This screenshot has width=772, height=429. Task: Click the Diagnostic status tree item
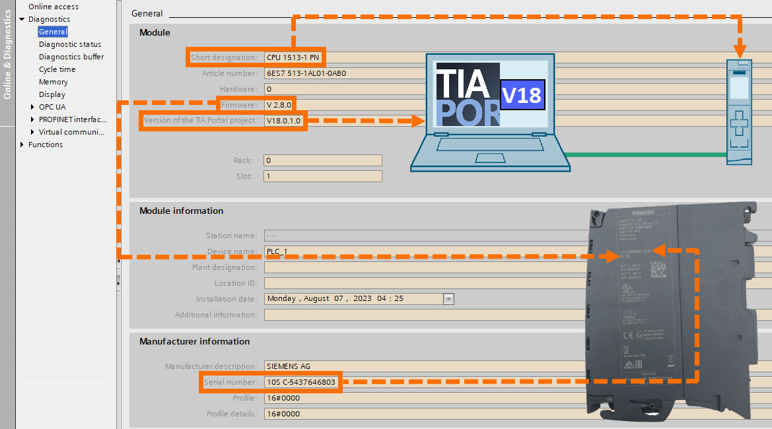(x=70, y=44)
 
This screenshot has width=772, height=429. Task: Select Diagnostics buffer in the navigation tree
(x=71, y=57)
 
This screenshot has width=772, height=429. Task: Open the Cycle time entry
(x=57, y=69)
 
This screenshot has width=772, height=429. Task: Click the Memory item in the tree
(x=53, y=82)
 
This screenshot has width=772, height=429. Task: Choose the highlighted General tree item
(x=52, y=32)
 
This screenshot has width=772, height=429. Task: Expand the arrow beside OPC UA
(x=33, y=107)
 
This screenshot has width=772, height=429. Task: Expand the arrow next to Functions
(x=22, y=145)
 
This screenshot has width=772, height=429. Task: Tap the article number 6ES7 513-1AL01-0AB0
(x=306, y=73)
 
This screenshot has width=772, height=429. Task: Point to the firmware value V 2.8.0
(x=279, y=105)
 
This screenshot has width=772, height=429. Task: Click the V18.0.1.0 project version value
(x=284, y=121)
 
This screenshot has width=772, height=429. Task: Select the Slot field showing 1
(x=322, y=176)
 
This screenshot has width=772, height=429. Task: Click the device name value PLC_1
(x=277, y=251)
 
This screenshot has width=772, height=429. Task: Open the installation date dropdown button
(x=449, y=298)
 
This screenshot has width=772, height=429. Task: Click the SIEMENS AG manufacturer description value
(x=288, y=366)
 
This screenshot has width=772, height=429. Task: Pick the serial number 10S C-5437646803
(x=301, y=382)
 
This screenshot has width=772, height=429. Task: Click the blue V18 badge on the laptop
(x=521, y=95)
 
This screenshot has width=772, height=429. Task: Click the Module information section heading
(x=181, y=211)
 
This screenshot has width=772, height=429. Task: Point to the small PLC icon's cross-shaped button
(x=740, y=124)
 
